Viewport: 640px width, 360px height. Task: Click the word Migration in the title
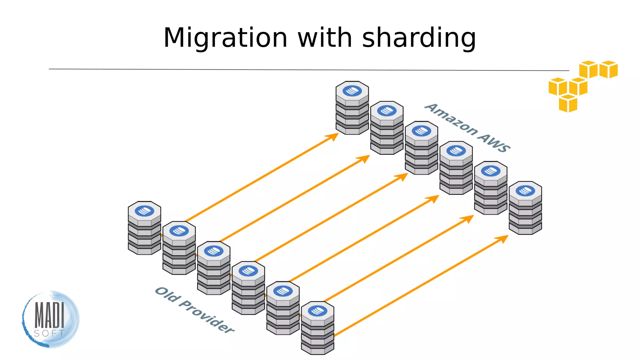[225, 38]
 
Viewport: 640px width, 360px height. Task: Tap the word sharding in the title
[419, 38]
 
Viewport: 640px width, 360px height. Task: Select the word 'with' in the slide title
[325, 38]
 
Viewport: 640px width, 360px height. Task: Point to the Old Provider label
[195, 310]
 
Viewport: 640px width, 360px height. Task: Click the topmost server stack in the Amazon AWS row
[352, 108]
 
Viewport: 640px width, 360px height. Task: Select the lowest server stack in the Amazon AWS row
[525, 208]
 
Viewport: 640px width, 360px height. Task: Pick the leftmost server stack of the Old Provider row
[144, 228]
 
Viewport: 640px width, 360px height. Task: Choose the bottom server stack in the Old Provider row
[317, 328]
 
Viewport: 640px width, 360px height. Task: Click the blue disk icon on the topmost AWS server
[352, 91]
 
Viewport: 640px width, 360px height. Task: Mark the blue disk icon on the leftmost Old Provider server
[144, 211]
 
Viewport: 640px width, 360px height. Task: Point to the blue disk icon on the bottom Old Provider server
[317, 311]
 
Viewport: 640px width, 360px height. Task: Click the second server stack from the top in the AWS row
[387, 128]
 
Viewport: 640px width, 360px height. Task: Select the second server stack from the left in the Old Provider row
[179, 248]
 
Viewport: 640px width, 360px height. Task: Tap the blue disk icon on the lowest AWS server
[525, 191]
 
